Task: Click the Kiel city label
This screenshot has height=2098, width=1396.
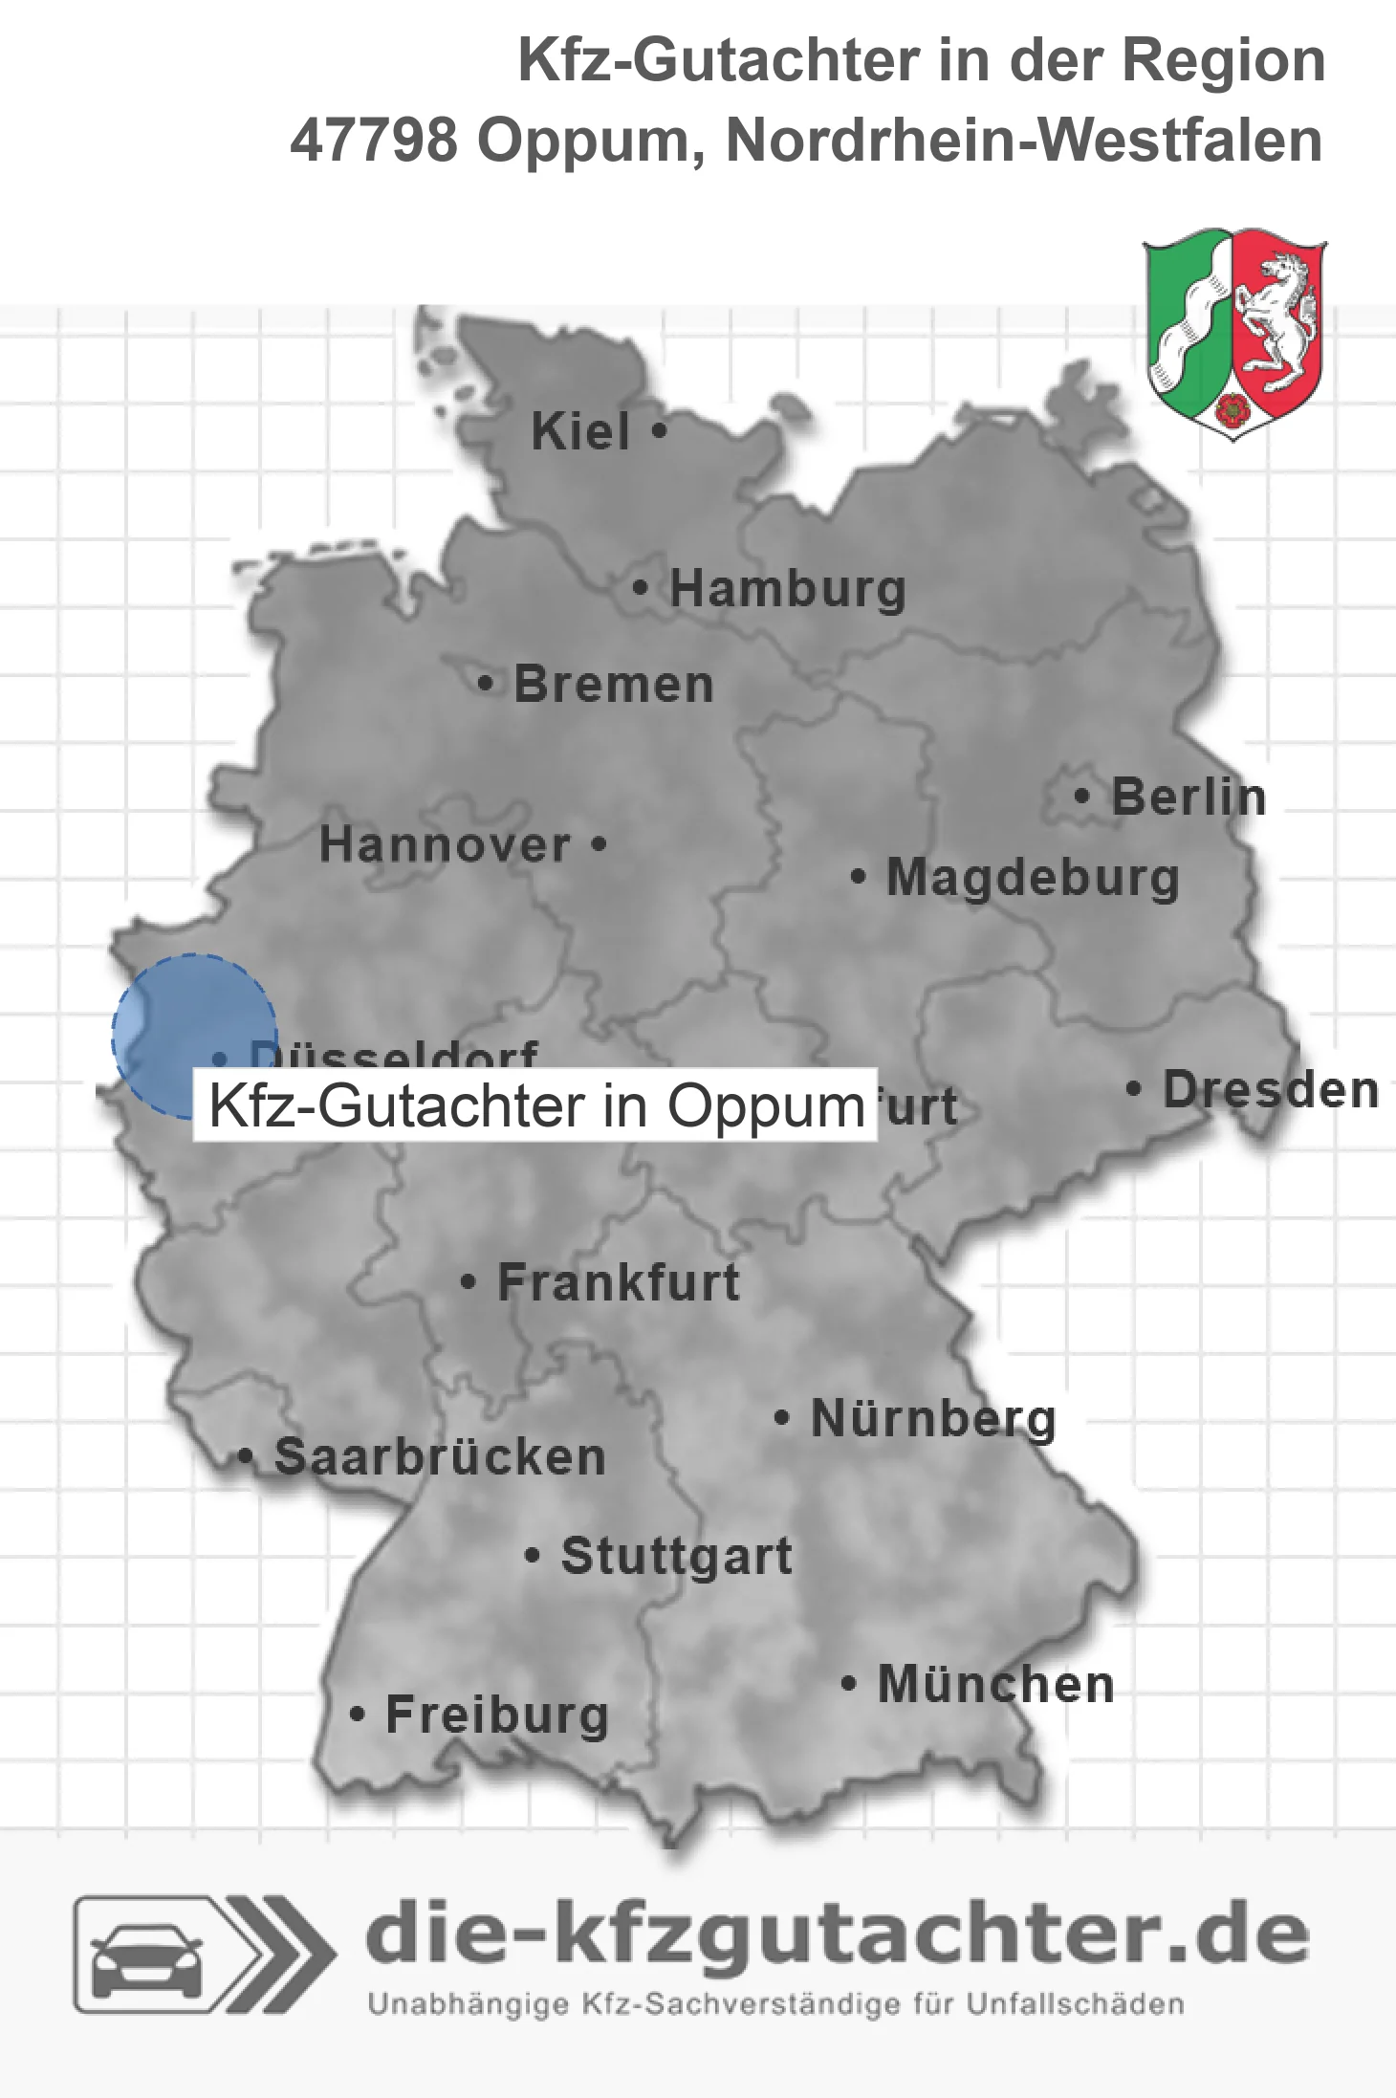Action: (579, 431)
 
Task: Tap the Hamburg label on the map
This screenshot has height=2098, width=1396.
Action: (787, 588)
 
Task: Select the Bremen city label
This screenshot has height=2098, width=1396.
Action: (613, 685)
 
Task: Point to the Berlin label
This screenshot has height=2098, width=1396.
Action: (1189, 797)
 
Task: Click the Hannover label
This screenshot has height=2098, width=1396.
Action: (445, 845)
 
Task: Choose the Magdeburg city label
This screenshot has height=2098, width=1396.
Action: (1033, 878)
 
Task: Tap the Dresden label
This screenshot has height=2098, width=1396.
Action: (1270, 1090)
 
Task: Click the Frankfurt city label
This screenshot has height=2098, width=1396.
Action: (619, 1282)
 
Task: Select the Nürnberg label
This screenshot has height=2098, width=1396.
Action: (933, 1419)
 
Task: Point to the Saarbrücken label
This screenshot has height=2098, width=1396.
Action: (440, 1457)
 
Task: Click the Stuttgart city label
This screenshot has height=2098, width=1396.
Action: (676, 1556)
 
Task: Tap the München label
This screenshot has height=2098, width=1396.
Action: (995, 1684)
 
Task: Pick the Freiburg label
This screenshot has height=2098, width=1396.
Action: (496, 1716)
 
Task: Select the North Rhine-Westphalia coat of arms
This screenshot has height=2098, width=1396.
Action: (1233, 333)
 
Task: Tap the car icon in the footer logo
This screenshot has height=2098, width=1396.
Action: (146, 1955)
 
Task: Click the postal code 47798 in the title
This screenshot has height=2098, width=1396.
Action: (374, 141)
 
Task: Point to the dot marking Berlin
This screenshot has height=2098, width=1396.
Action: (1081, 796)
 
